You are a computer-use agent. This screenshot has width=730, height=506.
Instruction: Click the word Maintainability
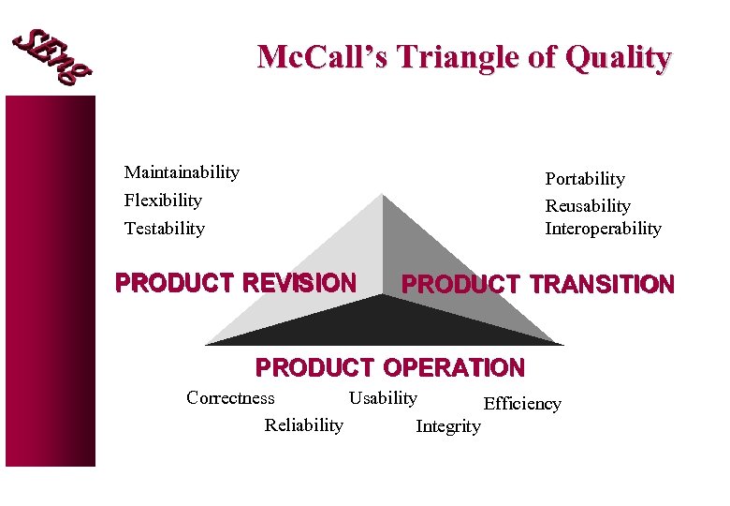(x=182, y=172)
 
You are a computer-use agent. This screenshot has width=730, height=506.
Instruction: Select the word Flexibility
(x=163, y=201)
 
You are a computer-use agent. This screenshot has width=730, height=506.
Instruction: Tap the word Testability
(x=164, y=229)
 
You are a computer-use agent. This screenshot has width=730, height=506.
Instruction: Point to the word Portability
(x=585, y=179)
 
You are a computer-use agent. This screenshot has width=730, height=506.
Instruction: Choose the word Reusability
(x=588, y=206)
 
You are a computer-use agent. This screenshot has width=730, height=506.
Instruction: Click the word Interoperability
(x=603, y=229)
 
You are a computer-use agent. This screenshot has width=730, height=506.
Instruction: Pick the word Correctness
(x=230, y=398)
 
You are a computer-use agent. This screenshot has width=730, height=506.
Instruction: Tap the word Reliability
(x=303, y=425)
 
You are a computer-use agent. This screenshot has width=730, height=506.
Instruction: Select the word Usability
(x=383, y=398)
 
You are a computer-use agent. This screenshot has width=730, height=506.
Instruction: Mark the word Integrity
(x=447, y=426)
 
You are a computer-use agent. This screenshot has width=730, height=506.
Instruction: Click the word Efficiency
(x=521, y=404)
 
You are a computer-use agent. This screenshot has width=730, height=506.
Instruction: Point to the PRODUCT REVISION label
(x=235, y=283)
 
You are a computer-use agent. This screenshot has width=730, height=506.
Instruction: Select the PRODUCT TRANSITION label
(x=537, y=285)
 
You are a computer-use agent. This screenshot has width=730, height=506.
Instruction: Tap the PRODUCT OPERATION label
(x=390, y=367)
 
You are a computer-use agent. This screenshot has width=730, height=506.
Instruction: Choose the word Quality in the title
(x=618, y=58)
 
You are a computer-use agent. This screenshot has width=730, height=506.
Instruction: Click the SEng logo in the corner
(x=52, y=57)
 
